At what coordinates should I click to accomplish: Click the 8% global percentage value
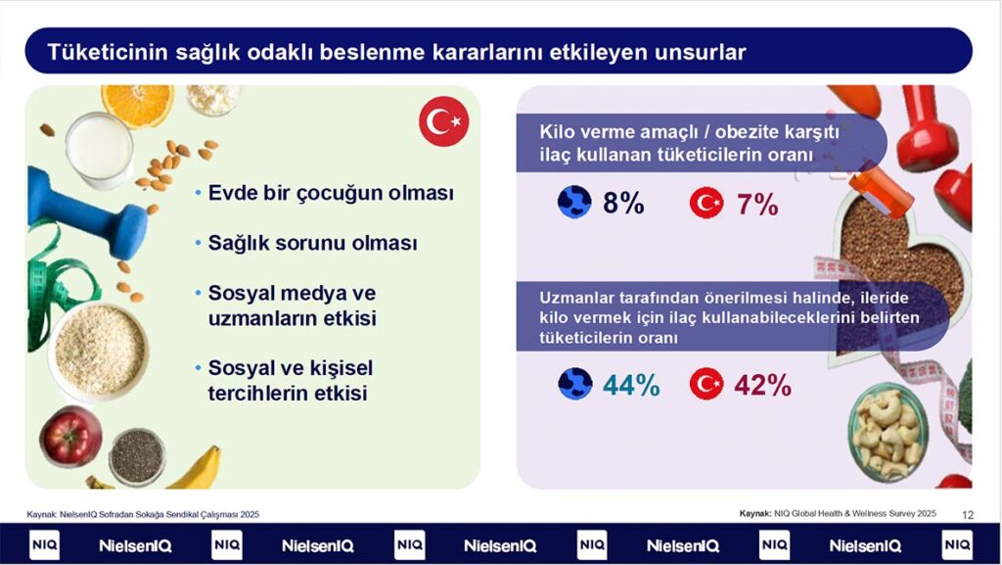[623, 204]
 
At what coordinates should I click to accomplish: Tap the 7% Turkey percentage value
[757, 205]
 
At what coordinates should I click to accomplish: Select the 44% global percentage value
[631, 385]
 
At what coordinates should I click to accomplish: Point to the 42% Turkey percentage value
[763, 385]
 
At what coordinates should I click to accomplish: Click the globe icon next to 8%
[574, 202]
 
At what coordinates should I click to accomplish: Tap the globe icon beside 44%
[575, 384]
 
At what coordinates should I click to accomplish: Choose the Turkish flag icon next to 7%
[706, 203]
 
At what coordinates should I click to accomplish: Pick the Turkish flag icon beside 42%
[706, 384]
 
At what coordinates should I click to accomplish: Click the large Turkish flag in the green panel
[443, 121]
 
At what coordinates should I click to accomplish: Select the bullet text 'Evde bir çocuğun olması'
[331, 193]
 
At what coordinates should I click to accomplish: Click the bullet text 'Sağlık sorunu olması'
[312, 243]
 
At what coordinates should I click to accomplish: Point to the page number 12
[968, 514]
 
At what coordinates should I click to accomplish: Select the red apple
[70, 436]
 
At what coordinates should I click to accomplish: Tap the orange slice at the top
[137, 104]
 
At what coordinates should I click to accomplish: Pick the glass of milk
[99, 151]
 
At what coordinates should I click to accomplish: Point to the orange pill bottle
[881, 191]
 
